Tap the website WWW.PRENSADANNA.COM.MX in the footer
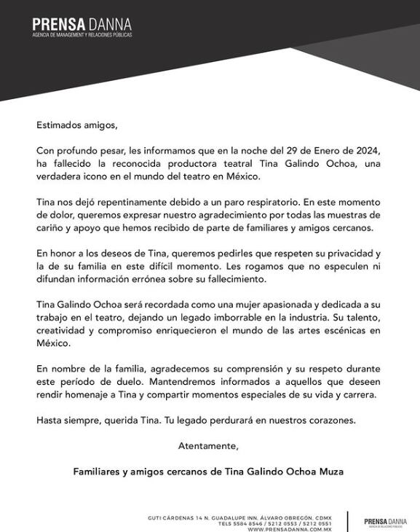tap(290, 528)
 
